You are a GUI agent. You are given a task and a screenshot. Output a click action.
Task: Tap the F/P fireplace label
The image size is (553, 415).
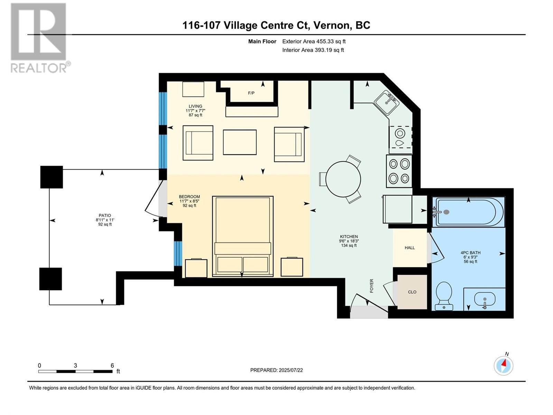pos(251,93)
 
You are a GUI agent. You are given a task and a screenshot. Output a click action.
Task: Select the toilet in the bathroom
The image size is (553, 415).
pos(444,295)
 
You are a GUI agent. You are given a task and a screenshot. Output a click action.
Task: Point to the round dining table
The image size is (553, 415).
pos(343,179)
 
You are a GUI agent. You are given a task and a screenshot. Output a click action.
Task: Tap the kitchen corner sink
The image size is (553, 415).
pos(387,103)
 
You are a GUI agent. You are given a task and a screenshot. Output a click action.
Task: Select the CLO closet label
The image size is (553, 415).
pos(412,292)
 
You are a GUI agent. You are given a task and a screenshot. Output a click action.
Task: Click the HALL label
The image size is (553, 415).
pos(410,248)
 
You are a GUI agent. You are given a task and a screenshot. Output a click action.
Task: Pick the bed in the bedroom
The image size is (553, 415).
pos(243,236)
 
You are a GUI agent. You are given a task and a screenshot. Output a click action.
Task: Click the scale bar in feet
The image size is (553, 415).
pos(75,371)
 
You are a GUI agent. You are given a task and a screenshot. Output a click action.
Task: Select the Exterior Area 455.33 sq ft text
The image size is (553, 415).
pos(314,41)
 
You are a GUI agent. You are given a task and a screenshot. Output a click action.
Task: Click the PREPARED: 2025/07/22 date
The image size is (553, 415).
pos(276,370)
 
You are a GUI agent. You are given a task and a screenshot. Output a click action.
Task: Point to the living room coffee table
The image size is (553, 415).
pos(240,142)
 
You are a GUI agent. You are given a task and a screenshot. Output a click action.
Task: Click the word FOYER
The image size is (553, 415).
pos(372,286)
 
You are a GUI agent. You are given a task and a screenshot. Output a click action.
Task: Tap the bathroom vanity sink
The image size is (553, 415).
pos(485,299)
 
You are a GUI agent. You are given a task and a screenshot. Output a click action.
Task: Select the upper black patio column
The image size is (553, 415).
pos(51,177)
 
